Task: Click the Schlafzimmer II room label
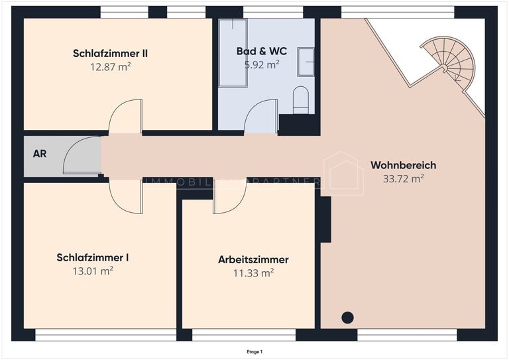(110, 54)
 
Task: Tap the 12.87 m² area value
(110, 66)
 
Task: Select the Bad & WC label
(262, 51)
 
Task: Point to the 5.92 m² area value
(262, 64)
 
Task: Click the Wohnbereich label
(403, 165)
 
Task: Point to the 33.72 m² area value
(403, 178)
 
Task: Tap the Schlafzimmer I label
(93, 257)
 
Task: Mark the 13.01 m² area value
(93, 270)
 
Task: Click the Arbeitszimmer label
(253, 259)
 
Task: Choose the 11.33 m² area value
(253, 272)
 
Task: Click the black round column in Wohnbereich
(347, 318)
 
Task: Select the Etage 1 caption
(254, 351)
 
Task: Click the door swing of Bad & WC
(260, 117)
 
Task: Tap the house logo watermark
(343, 174)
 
